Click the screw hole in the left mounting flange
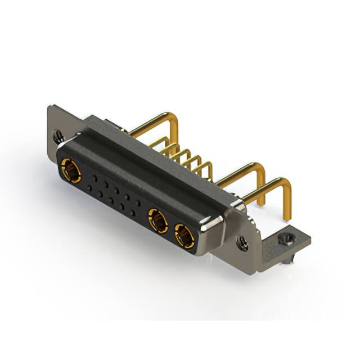pos(57,136)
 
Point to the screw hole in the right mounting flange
pos(242,244)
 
